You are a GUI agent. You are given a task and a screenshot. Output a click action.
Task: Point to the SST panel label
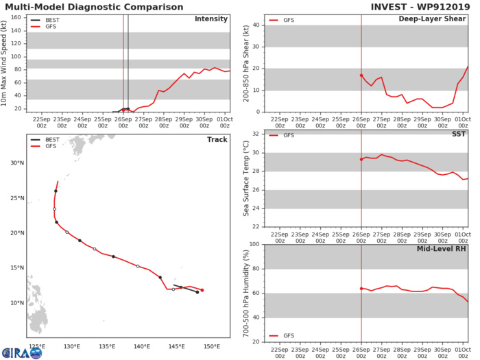click(457, 134)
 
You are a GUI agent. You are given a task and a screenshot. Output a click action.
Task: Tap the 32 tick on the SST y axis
click(258, 133)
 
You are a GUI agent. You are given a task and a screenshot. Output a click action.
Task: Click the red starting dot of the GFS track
click(202, 290)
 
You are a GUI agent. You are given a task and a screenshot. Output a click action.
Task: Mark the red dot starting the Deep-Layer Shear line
click(361, 75)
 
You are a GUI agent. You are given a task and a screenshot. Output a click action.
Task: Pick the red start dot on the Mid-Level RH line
click(361, 288)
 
